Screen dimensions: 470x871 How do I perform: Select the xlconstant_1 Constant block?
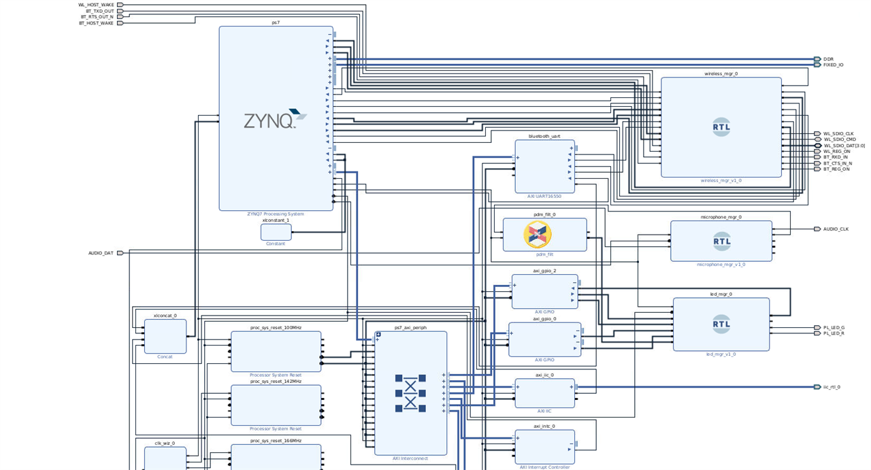coord(276,232)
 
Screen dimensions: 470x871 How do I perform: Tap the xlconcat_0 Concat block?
coord(165,336)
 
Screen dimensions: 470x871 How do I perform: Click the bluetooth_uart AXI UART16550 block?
coord(544,167)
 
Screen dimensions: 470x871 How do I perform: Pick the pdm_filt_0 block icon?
coord(538,235)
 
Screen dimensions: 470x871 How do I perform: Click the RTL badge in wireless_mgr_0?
coord(721,127)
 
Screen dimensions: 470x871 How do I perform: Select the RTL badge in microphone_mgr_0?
coord(721,240)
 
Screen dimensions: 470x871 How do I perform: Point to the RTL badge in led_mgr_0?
coord(721,324)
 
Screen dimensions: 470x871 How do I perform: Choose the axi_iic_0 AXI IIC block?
coord(544,393)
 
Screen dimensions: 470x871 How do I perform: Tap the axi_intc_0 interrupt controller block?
coord(544,446)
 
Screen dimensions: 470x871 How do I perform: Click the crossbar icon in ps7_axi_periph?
coord(410,393)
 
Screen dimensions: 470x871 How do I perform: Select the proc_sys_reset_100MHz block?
coord(276,351)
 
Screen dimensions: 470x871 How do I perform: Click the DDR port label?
coord(828,59)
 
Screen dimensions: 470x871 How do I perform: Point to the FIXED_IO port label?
coord(833,65)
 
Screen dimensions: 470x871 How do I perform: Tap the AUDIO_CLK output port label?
coord(836,229)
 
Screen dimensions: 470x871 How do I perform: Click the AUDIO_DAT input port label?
coord(101,253)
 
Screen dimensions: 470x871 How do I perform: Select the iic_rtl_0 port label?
coord(832,387)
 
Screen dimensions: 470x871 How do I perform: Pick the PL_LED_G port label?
coord(834,328)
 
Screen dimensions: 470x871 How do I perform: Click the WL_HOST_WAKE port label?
coord(96,5)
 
